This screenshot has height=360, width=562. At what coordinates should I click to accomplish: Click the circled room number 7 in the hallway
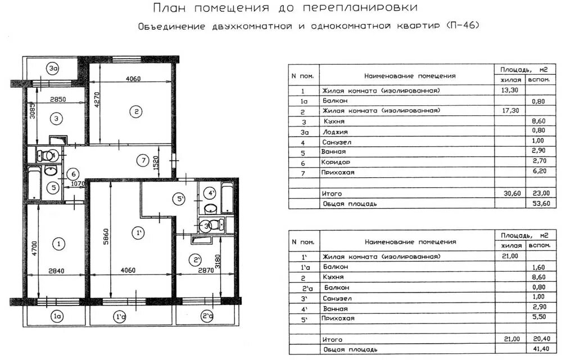[143, 161]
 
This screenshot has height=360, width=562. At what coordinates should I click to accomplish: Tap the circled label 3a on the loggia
[53, 69]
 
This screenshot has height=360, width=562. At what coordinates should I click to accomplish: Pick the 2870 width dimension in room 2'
[197, 271]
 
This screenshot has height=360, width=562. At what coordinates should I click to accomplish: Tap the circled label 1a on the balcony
[56, 317]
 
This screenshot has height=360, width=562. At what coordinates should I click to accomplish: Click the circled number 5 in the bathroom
[52, 188]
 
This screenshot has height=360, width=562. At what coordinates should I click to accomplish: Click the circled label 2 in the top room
[135, 111]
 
